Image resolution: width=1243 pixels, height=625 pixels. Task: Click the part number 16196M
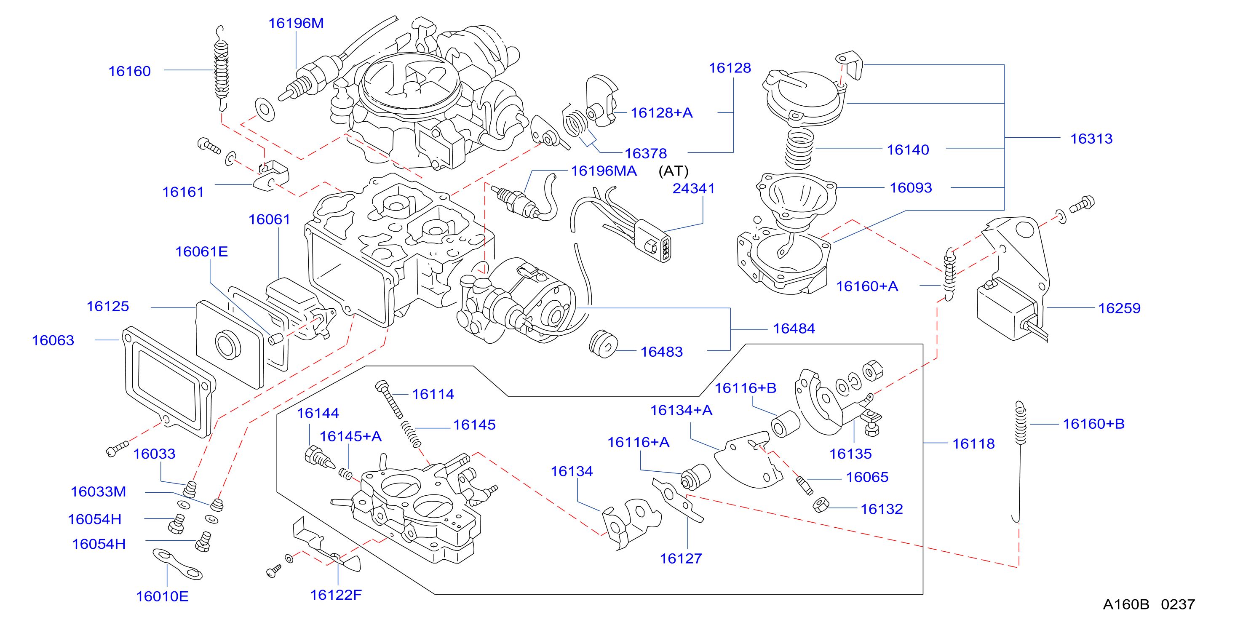pos(296,23)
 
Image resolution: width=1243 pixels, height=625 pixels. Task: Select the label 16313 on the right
pos(1091,139)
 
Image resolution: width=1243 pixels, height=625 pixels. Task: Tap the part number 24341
pos(693,188)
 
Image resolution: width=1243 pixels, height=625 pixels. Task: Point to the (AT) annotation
pos(673,171)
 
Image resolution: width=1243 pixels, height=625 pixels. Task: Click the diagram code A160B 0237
pos(1149,604)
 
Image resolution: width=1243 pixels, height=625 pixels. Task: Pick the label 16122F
pos(335,595)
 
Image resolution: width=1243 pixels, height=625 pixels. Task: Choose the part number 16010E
pos(162,596)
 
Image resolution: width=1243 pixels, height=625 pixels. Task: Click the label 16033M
pos(98,492)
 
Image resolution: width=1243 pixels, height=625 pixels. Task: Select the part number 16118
pos(973,444)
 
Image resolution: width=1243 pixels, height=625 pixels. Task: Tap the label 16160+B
pos(1093,424)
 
